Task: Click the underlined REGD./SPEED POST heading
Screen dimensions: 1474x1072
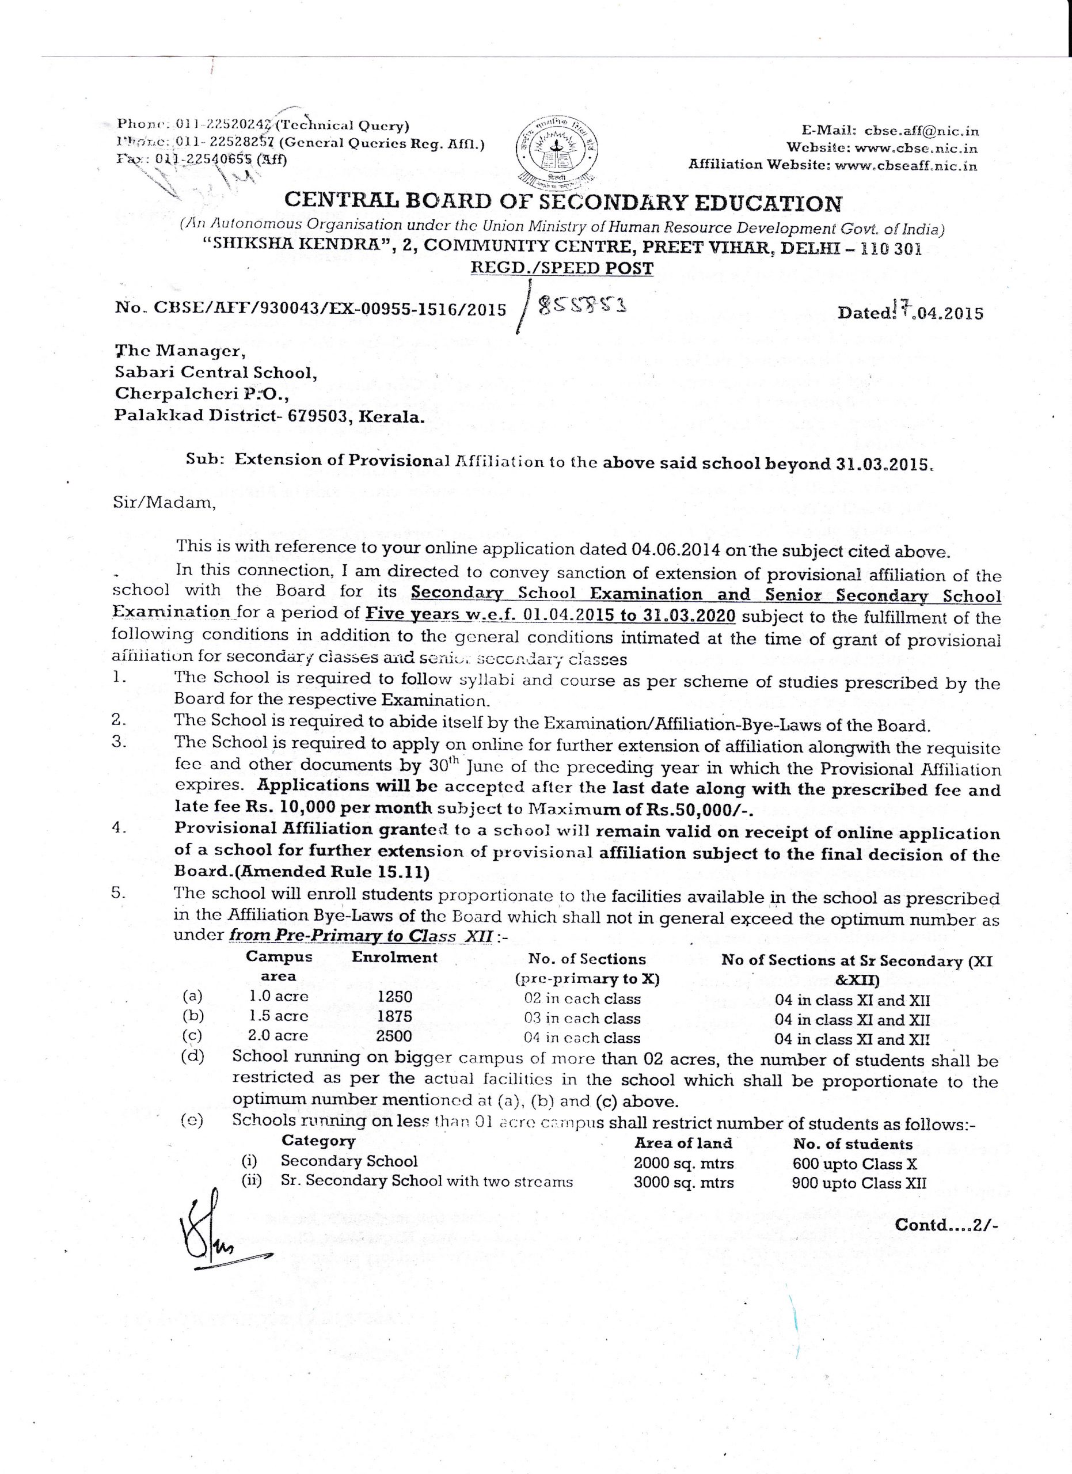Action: pyautogui.click(x=561, y=268)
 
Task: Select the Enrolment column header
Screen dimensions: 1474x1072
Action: pyautogui.click(x=394, y=958)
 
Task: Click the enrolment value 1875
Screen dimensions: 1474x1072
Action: pyautogui.click(x=394, y=1016)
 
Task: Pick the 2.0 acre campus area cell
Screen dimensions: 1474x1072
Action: pyautogui.click(x=277, y=1035)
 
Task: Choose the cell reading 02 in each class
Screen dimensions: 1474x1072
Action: pyautogui.click(x=582, y=999)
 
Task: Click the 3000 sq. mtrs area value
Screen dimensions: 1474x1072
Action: pyautogui.click(x=683, y=1183)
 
